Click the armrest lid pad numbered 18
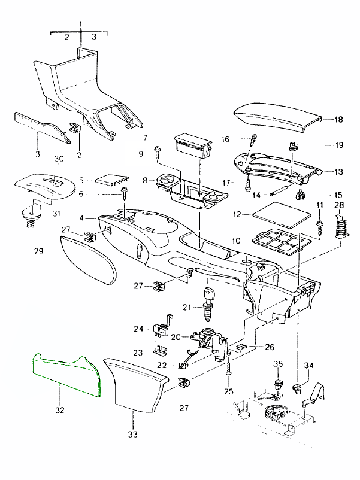click(x=276, y=117)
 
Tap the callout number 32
click(x=60, y=411)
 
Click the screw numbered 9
click(x=158, y=151)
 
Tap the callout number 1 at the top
click(x=81, y=23)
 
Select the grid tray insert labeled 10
click(x=276, y=242)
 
